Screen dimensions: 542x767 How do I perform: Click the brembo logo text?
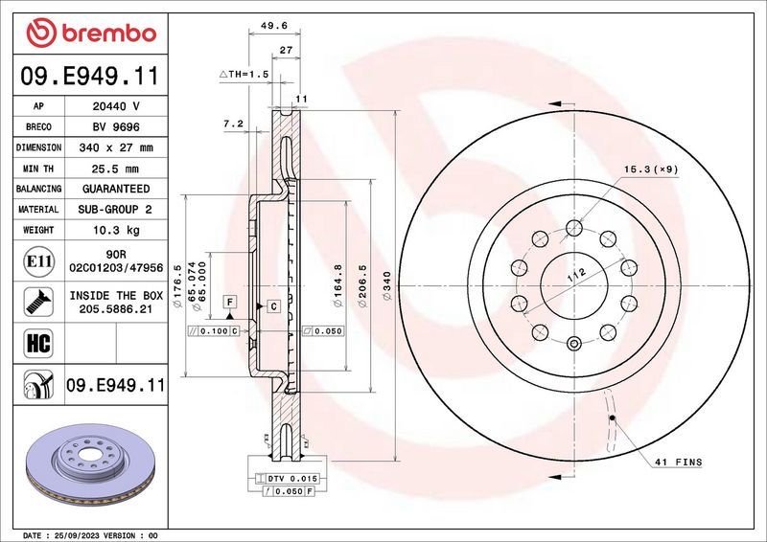coord(106,33)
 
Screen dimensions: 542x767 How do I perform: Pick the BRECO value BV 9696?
coord(114,127)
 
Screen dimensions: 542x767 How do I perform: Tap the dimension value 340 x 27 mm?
coord(114,147)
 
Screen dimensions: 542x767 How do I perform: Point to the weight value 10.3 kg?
coord(114,230)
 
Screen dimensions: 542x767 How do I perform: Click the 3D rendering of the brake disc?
coord(88,463)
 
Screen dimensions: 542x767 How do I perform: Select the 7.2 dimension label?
coord(234,124)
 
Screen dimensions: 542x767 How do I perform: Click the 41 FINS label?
coord(677,462)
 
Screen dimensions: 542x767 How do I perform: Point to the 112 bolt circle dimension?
coord(576,276)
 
